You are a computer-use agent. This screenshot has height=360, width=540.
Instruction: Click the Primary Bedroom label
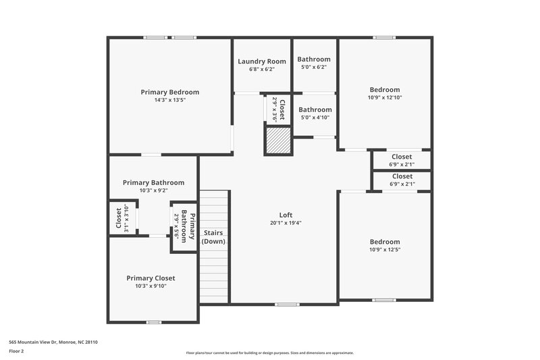(169, 92)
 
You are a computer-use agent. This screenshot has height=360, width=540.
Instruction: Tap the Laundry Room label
(262, 61)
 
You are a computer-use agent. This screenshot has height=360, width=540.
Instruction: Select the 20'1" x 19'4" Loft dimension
(286, 223)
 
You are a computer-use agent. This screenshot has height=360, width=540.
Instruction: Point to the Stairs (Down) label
(213, 237)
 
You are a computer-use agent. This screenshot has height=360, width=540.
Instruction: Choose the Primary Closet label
(151, 278)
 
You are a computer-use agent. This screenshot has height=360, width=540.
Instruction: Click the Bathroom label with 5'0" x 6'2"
(314, 59)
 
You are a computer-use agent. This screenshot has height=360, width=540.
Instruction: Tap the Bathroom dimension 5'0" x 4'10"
(315, 118)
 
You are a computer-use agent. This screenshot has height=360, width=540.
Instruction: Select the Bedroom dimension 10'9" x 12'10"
(384, 97)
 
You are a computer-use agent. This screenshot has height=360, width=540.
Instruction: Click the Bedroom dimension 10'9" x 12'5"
(384, 249)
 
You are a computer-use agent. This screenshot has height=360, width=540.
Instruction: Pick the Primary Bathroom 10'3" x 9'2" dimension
(153, 190)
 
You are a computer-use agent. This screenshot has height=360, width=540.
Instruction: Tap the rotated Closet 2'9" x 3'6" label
(278, 109)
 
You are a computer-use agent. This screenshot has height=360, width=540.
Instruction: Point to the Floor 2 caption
(16, 351)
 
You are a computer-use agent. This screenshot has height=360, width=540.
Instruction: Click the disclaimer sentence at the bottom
(269, 353)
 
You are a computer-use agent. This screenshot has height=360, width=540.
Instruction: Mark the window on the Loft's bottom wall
(287, 304)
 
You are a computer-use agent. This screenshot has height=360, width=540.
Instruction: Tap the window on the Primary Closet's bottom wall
(154, 322)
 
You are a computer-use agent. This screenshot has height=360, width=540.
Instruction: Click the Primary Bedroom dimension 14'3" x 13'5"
(169, 100)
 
